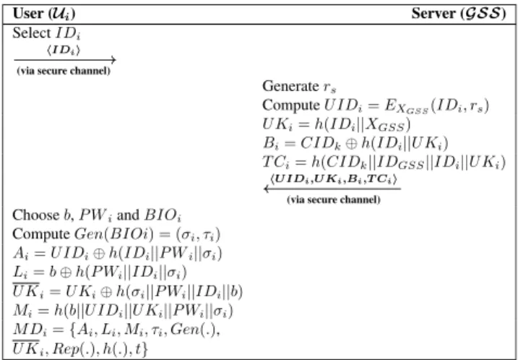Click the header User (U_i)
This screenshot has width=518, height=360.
tap(44, 14)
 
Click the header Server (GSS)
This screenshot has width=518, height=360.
tap(459, 14)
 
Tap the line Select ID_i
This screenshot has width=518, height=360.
tap(46, 33)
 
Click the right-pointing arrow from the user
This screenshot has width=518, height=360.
tap(65, 60)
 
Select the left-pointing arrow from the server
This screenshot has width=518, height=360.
tap(332, 189)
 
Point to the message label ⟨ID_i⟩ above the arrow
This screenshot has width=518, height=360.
tap(64, 50)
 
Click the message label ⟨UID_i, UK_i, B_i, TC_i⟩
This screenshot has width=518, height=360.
tap(333, 179)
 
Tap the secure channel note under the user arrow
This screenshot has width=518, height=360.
tap(64, 71)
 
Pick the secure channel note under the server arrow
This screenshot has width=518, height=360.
tap(334, 200)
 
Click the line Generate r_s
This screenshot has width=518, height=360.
tap(299, 86)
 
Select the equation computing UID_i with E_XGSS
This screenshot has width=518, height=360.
tap(376, 106)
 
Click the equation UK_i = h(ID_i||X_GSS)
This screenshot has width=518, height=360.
tap(337, 124)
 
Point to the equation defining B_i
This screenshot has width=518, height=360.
tap(355, 143)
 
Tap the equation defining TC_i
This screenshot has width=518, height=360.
tap(384, 163)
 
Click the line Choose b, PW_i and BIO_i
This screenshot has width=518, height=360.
tap(97, 215)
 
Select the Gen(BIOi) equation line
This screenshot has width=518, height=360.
tap(116, 234)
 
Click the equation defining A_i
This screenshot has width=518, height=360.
tap(117, 254)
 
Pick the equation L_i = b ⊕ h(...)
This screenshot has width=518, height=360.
tap(100, 273)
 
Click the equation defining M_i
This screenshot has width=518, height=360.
tap(123, 311)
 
